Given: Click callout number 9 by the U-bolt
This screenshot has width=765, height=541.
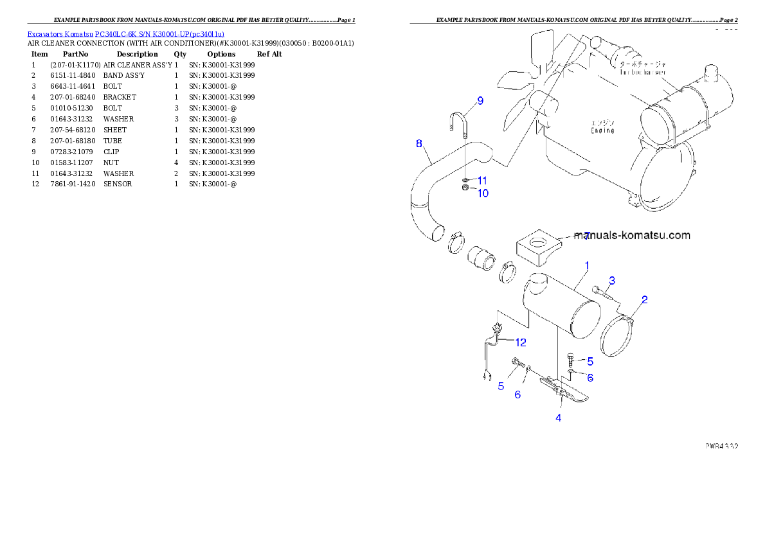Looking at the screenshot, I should click(x=479, y=101).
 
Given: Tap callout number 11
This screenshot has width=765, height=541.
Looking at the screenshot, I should click(x=482, y=180).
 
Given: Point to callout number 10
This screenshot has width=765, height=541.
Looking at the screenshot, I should click(x=482, y=192).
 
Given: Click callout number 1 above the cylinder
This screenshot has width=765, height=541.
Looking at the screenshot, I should click(x=586, y=265).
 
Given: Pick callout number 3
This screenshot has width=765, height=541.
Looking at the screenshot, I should click(x=612, y=280).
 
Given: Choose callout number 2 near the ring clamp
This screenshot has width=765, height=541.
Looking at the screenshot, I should click(x=644, y=299).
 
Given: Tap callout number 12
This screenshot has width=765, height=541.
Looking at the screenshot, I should click(x=520, y=342).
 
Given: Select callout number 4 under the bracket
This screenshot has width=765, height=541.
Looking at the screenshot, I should click(x=558, y=418).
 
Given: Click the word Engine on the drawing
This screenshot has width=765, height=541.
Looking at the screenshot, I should click(x=602, y=127).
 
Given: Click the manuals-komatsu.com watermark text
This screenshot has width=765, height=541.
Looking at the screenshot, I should click(x=633, y=235).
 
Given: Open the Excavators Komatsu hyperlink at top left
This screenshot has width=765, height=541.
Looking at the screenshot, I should click(x=125, y=34).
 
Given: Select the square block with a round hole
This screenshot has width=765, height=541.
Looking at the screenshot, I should click(x=538, y=247).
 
